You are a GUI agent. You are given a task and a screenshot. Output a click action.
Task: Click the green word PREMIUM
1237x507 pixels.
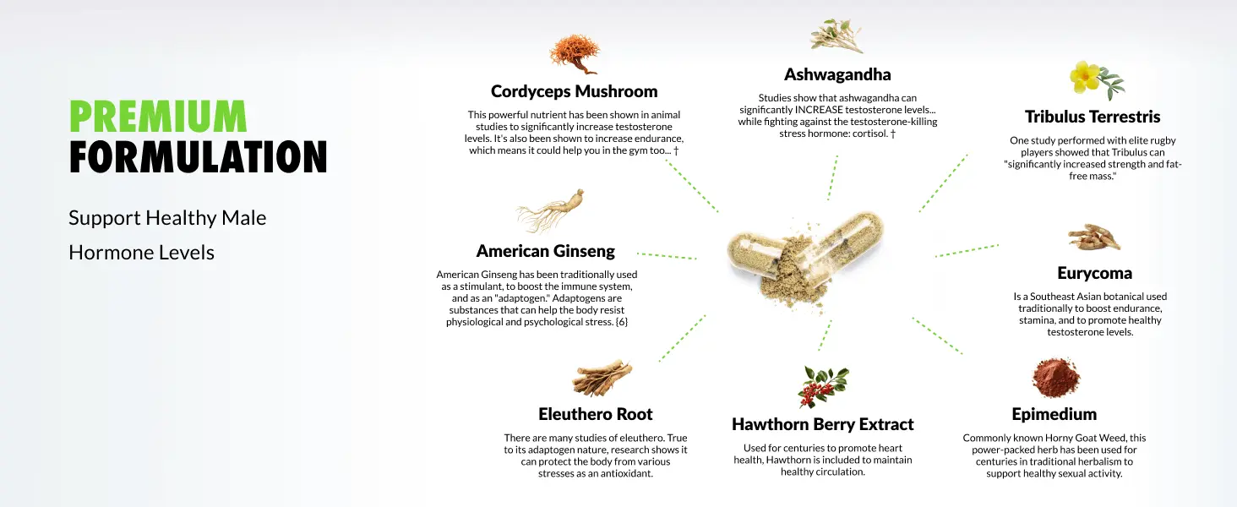[158, 116]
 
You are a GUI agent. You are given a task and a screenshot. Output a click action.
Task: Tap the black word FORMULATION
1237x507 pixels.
[199, 157]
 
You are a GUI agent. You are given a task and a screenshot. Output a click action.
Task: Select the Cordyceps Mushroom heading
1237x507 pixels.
[575, 91]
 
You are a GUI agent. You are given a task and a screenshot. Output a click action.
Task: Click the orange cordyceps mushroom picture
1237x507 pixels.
[575, 54]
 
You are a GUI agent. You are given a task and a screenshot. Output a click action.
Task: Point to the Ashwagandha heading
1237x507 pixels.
[837, 74]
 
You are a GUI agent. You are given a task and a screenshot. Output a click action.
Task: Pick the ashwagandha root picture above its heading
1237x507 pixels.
[836, 35]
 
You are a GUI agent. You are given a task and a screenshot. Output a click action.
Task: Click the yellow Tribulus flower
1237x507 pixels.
[1085, 78]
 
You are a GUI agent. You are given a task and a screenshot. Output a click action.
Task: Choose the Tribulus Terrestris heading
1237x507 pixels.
[1093, 117]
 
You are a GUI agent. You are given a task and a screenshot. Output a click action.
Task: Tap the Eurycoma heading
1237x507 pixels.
[1094, 273]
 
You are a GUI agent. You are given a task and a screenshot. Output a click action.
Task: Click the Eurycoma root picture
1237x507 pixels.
[1094, 238]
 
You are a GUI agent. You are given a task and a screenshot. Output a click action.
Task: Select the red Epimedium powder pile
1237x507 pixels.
[1055, 378]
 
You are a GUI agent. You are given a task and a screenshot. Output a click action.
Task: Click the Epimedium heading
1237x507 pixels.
[1054, 414]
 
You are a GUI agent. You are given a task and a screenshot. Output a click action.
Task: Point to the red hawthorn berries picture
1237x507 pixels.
[823, 386]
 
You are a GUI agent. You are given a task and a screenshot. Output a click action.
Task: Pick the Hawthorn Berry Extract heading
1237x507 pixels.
[822, 424]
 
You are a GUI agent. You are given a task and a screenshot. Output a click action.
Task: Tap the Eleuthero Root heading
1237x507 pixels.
[596, 414]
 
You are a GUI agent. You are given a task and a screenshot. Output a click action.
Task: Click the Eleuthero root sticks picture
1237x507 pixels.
[602, 379]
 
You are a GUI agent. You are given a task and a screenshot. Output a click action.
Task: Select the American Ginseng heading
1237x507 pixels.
[545, 251]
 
